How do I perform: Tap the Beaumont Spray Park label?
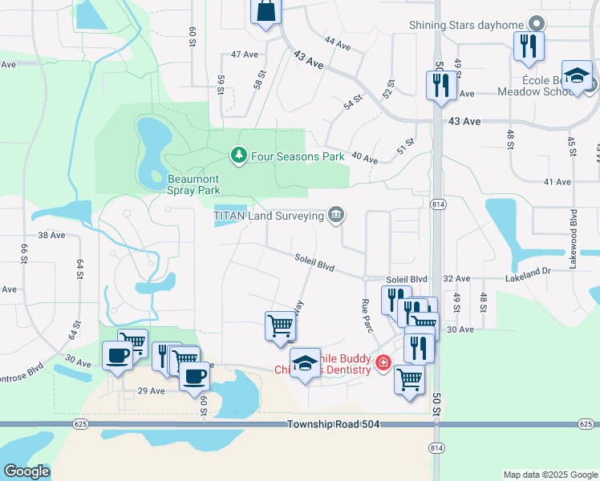coord(193,184)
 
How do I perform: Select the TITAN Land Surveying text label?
coord(269,215)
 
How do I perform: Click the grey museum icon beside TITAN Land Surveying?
coord(336,215)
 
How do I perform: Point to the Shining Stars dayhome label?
coord(465,25)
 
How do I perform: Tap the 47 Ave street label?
coord(244,55)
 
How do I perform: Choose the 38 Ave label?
coord(51,235)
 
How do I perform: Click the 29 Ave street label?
coord(151,391)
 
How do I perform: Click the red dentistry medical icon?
coord(383,363)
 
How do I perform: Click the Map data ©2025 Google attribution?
coord(549,475)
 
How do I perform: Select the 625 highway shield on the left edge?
coord(9,423)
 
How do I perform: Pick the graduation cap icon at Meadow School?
coord(577,75)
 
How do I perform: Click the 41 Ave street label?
coord(557,182)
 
